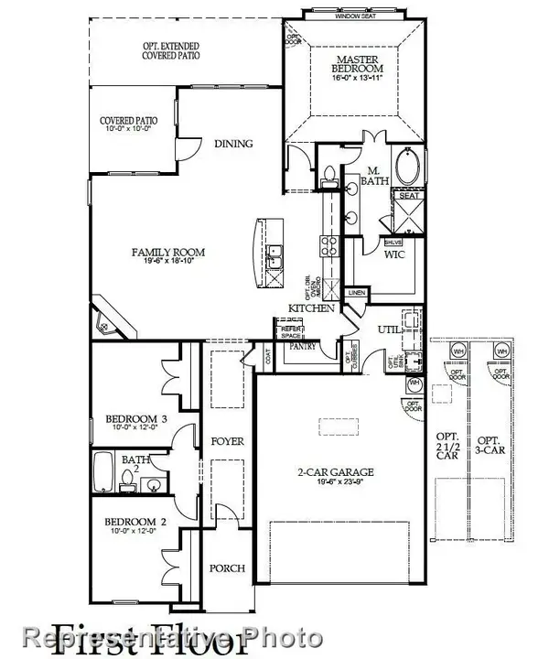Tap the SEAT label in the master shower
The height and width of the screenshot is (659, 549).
(x=407, y=195)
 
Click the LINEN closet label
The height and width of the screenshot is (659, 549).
(x=358, y=293)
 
